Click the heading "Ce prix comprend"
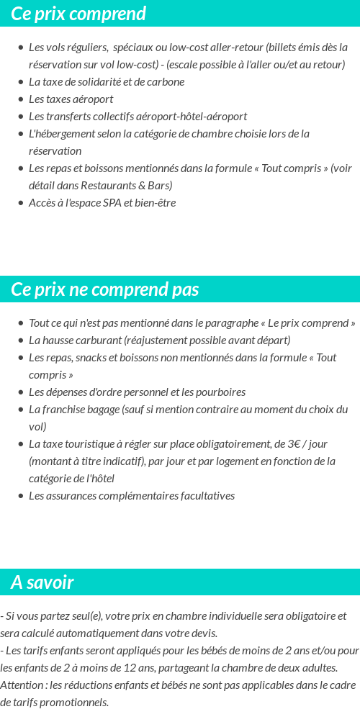pos(78,14)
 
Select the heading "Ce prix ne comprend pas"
pos(104,289)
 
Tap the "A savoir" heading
pos(42,582)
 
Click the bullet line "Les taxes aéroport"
pos(71,99)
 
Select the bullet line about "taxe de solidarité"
pos(107,82)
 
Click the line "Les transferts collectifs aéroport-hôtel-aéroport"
pos(138,117)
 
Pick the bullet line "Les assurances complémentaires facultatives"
pos(131,496)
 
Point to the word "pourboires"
pos(221,392)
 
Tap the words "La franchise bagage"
pos(73,410)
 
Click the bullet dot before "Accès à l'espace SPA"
pos(20,203)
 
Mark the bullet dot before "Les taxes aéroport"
pos(20,99)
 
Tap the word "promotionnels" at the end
pos(77,703)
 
